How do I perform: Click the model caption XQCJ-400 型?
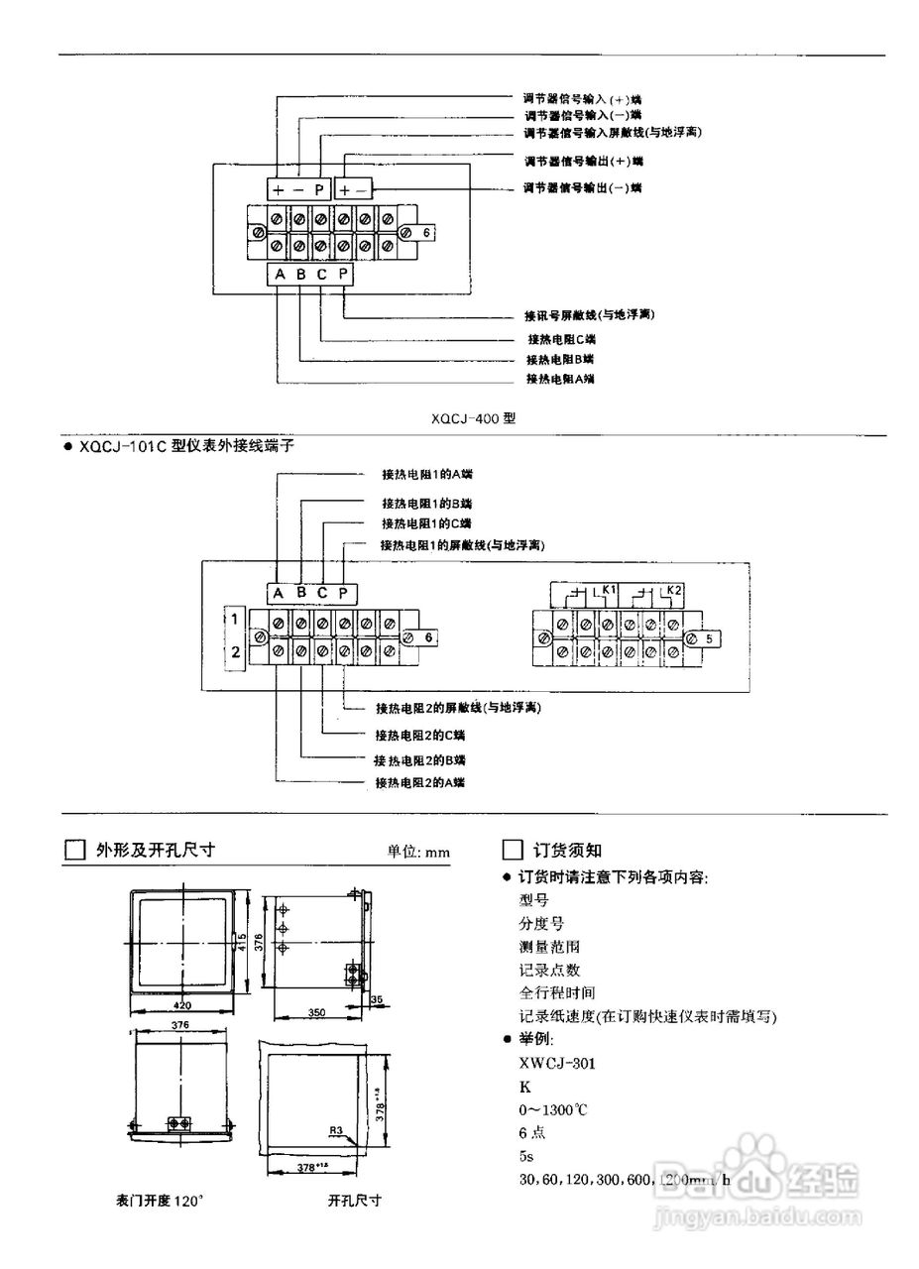(473, 418)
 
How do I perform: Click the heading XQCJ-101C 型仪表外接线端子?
(185, 446)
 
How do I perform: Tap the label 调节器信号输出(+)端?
(583, 161)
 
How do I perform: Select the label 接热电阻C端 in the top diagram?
(562, 339)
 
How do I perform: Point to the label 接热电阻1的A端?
(426, 474)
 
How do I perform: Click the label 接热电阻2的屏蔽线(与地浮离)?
(458, 708)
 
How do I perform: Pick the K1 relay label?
(609, 590)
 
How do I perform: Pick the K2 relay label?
(673, 590)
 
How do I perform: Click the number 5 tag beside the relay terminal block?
(709, 639)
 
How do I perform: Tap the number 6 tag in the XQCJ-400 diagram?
(425, 231)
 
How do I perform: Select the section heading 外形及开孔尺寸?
(155, 850)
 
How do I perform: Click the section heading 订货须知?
(567, 850)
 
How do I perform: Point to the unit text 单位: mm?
(417, 852)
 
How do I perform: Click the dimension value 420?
(181, 1004)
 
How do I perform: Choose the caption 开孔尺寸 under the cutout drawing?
(354, 1200)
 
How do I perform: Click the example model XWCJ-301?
(557, 1063)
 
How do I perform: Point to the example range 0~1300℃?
(553, 1109)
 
